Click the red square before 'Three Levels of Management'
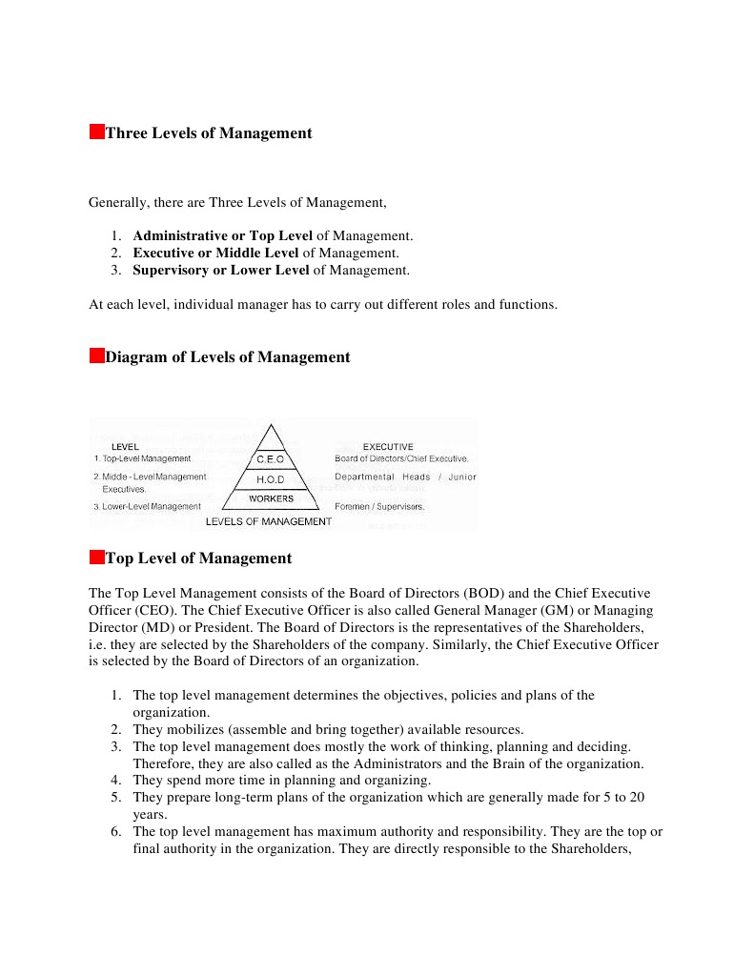[x=96, y=132]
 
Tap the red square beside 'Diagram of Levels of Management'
[x=96, y=355]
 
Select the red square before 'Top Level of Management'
[x=96, y=557]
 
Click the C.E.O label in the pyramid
[x=271, y=459]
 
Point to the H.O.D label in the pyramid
[x=271, y=479]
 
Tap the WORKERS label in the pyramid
[x=271, y=498]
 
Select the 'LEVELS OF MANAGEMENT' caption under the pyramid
[x=269, y=521]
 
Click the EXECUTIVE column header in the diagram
[x=388, y=446]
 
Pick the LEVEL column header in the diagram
[x=125, y=446]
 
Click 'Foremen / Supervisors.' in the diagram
[x=379, y=506]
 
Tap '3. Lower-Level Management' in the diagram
[x=147, y=506]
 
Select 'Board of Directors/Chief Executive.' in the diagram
[x=401, y=458]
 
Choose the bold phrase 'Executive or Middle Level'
[x=215, y=253]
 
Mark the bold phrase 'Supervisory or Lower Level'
[x=221, y=270]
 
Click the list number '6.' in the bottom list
[x=115, y=831]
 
